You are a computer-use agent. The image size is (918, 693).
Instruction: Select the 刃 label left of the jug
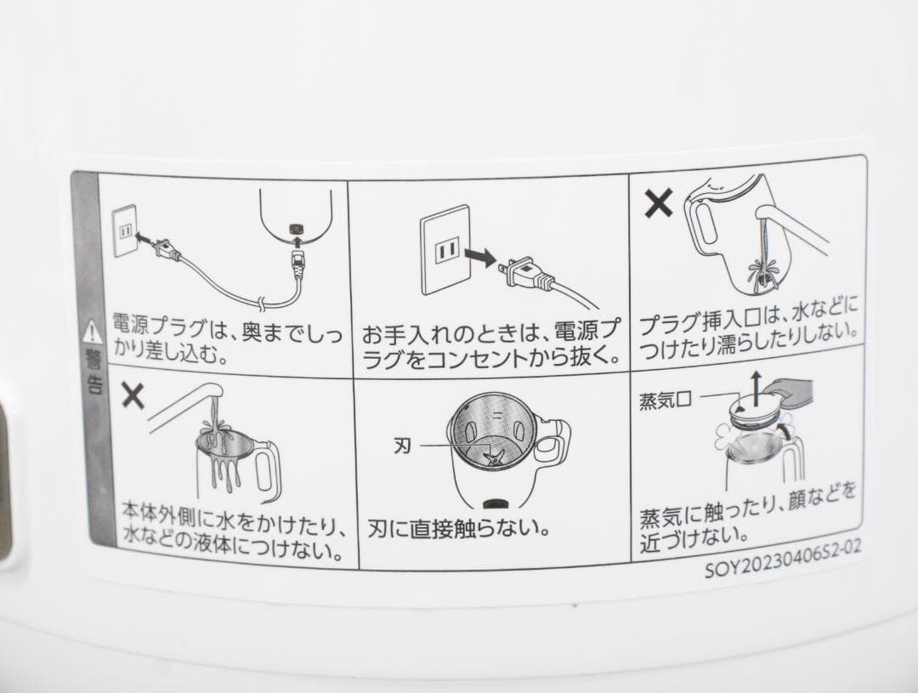coord(404,444)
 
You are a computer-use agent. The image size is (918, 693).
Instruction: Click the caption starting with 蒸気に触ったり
coord(747,526)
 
